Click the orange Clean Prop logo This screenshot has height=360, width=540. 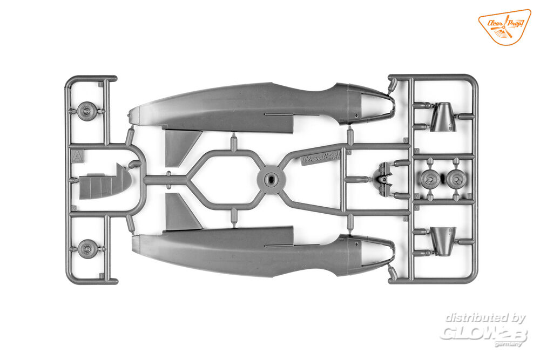tap(504, 26)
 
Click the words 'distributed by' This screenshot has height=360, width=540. tap(485, 318)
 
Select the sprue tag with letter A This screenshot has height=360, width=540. tap(78, 157)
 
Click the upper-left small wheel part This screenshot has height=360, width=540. tap(86, 111)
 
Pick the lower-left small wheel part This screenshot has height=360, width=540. tap(86, 249)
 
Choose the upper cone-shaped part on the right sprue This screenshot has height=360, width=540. tap(443, 118)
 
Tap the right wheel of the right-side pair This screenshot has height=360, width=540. tap(456, 179)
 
